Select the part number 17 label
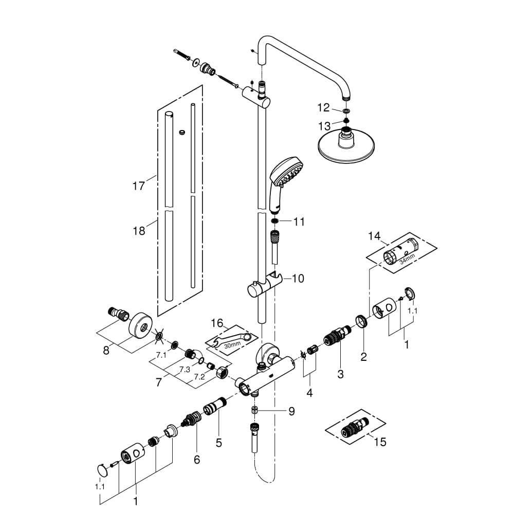tap(138, 185)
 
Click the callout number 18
tap(138, 231)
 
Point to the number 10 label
tap(298, 279)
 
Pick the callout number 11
tap(299, 222)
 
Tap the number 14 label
tap(374, 236)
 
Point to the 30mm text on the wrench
tap(231, 345)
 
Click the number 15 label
tap(380, 442)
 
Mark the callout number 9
tap(291, 411)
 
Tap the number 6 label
tap(196, 460)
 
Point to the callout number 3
tap(340, 374)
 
